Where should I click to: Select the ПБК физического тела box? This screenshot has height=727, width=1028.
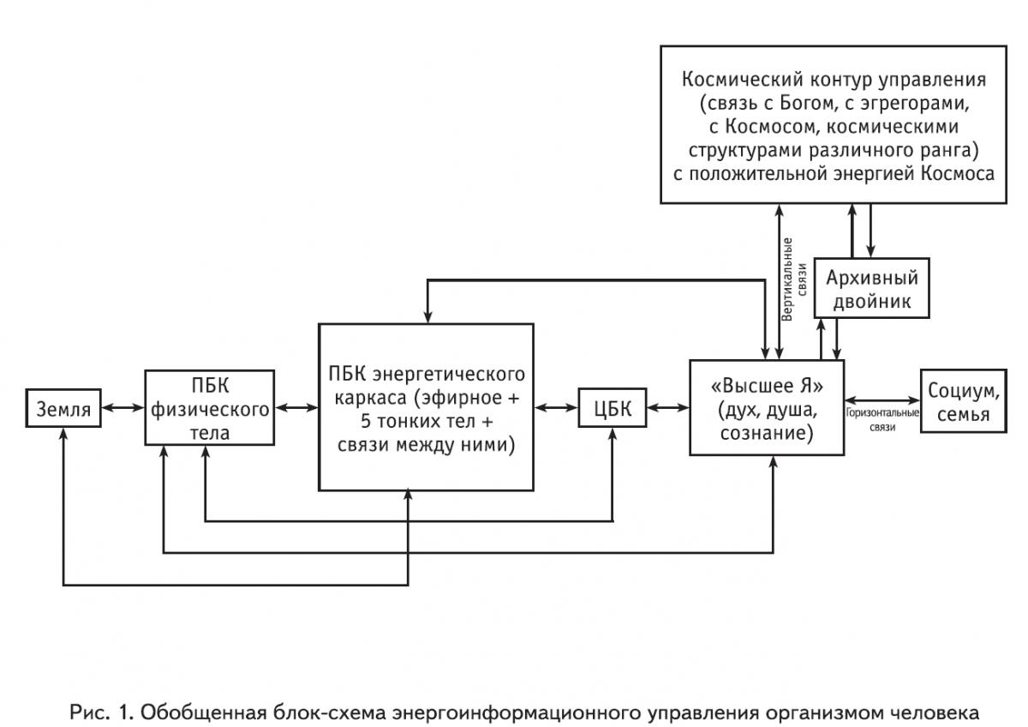209,408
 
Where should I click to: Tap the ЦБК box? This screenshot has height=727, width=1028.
612,409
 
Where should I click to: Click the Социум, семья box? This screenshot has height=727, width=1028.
963,402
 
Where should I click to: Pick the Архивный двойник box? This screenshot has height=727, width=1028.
870,290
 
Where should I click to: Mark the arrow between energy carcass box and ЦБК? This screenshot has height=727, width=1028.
557,409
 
